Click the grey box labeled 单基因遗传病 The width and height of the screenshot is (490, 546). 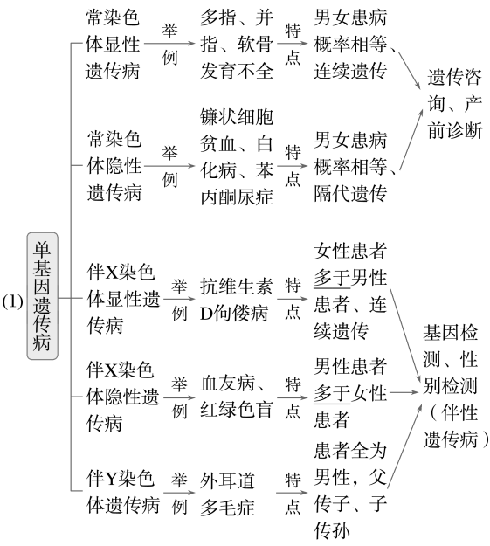[x=43, y=296]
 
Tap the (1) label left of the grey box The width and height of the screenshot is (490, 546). [x=12, y=301]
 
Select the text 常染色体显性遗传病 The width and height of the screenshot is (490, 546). [x=113, y=45]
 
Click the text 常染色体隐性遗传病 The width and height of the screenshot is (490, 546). [x=114, y=166]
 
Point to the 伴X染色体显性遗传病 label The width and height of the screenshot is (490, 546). [x=123, y=299]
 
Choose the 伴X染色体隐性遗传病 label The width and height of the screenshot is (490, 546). [x=122, y=397]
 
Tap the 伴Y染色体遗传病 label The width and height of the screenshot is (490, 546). [x=123, y=492]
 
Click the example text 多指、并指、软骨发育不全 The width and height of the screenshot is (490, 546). [x=237, y=45]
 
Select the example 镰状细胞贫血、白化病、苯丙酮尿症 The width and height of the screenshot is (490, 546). [x=237, y=156]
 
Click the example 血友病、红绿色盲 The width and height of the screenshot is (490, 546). [x=236, y=397]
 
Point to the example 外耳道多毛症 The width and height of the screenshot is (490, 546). [x=227, y=494]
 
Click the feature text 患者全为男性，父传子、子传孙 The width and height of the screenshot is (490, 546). [x=350, y=490]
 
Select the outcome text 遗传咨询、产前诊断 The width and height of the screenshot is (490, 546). [x=455, y=104]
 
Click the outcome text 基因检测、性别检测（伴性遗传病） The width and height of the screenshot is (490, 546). [x=456, y=386]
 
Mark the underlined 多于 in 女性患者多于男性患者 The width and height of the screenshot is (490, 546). [x=332, y=278]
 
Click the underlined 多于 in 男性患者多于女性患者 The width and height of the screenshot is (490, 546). [x=332, y=393]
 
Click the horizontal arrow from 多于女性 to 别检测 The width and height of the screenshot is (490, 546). [x=404, y=392]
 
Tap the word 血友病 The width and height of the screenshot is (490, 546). [x=227, y=384]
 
